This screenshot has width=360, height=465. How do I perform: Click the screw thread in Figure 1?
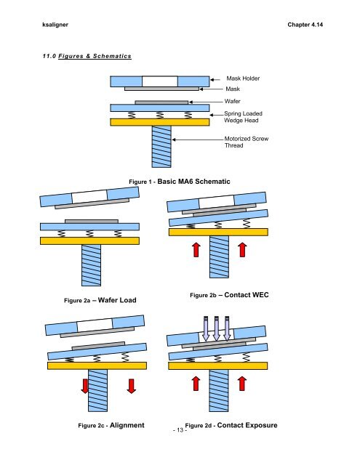[x=161, y=147]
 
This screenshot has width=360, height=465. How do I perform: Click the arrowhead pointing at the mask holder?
[x=214, y=78]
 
